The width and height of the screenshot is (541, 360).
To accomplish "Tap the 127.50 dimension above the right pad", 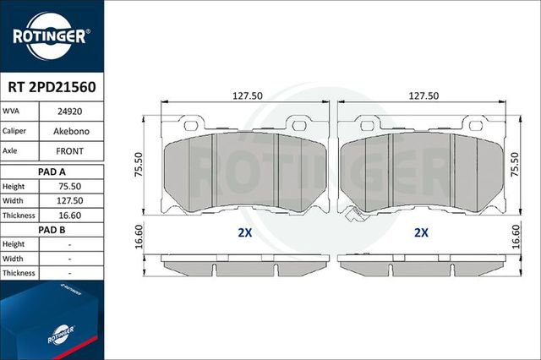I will coord(423,95).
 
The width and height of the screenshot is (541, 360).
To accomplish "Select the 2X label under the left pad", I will coord(245,233).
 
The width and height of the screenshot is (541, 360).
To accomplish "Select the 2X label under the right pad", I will coord(420,233).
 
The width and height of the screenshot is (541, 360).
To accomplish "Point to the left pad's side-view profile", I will coord(245,264).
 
